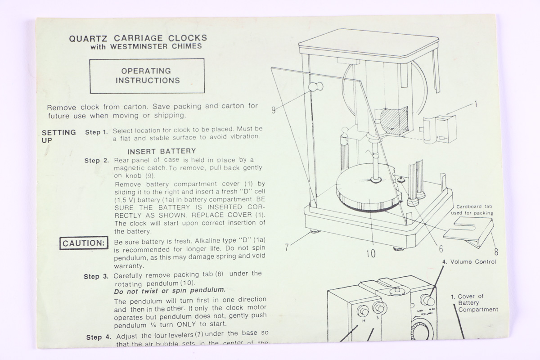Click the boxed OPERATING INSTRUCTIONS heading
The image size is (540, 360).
tap(147, 76)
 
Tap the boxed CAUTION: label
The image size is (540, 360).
tap(84, 243)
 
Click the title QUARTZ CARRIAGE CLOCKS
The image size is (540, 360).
tap(138, 38)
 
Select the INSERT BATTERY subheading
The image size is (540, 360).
tap(162, 151)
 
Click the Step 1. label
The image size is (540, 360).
tap(96, 132)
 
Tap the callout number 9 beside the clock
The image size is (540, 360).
tap(274, 109)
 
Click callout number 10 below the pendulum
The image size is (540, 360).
tap(370, 254)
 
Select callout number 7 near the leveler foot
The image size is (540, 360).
tap(286, 247)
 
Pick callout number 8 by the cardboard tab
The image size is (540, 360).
tap(496, 252)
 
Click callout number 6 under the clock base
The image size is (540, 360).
tap(441, 248)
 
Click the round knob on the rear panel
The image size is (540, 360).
tap(315, 88)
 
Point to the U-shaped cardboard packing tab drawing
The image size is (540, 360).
tap(468, 229)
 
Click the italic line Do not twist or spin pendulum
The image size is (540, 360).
tap(170, 290)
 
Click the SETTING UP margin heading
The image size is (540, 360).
tap(58, 136)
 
